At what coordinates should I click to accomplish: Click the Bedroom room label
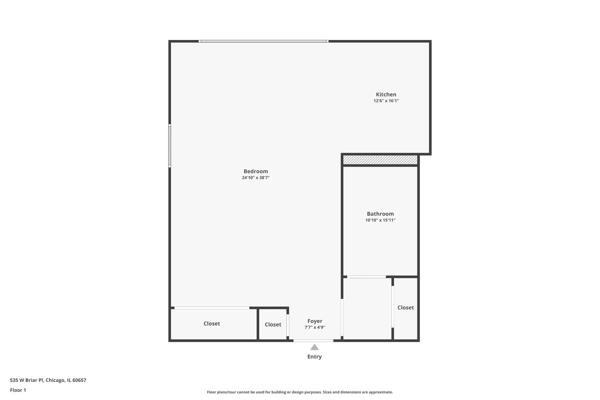point(256,171)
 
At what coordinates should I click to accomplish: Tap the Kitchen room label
point(386,94)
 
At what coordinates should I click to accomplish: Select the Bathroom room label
point(380,214)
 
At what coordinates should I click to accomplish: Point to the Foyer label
point(315,321)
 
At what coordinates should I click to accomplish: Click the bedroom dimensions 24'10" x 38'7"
point(256,178)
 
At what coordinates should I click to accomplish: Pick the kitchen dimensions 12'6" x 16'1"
point(386,101)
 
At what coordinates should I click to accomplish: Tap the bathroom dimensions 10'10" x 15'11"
point(380,220)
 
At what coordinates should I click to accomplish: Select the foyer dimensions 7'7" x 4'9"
point(315,327)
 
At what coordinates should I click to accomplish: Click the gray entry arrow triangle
point(314,347)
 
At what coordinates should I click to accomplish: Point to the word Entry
point(314,357)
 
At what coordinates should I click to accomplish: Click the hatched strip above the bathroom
point(380,160)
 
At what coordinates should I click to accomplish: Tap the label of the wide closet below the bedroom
point(211,324)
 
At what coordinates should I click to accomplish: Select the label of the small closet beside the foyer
point(273,324)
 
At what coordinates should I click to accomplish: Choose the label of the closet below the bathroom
point(406,307)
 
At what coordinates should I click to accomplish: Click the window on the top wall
point(263,41)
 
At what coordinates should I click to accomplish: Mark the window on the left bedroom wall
point(170,146)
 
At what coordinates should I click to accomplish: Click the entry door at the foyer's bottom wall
point(313,340)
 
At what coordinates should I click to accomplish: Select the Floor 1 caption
point(18,390)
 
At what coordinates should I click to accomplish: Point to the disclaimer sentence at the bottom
point(300,392)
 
